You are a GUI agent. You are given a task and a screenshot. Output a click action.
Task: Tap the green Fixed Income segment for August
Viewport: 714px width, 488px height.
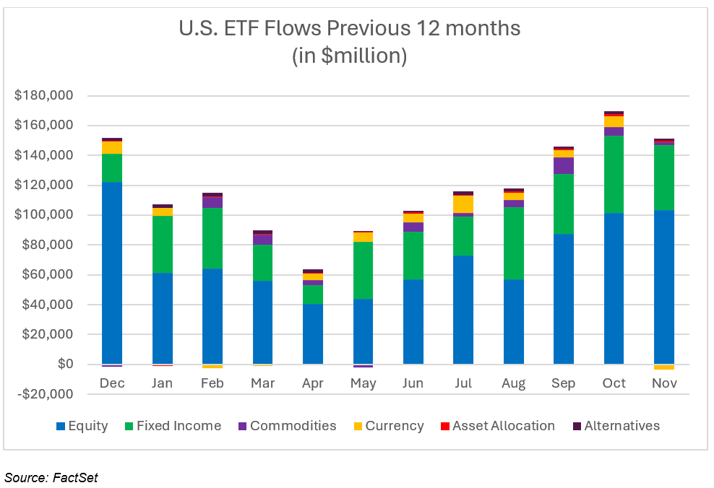coord(513,243)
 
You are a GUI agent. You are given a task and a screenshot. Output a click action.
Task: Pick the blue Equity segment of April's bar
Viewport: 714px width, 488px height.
coord(313,334)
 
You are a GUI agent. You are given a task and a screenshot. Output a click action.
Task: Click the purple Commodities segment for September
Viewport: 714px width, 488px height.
coord(564,165)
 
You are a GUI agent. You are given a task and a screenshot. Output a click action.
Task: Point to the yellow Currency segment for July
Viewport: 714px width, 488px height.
coord(463,205)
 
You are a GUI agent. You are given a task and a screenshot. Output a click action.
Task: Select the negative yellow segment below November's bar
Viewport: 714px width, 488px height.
coord(664,367)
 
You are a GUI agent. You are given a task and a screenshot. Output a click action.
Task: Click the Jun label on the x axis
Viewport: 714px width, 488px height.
coord(413,383)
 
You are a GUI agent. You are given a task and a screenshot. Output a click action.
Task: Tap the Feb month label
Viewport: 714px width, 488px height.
coord(212,383)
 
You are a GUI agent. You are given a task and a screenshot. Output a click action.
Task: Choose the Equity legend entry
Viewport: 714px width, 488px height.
coord(87,426)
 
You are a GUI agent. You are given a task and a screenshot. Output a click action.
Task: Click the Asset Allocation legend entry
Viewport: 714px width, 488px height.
coord(503,426)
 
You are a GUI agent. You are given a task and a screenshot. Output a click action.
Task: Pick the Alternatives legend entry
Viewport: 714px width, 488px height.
coord(621,426)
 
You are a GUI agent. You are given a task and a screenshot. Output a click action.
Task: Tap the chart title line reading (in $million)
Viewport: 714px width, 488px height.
coord(349,56)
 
